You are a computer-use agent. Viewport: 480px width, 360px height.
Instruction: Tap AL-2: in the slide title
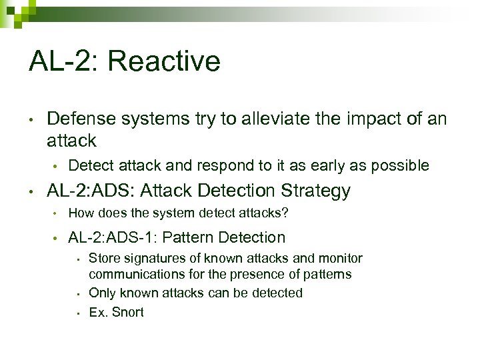click(x=63, y=62)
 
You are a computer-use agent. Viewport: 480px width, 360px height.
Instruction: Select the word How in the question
click(x=81, y=213)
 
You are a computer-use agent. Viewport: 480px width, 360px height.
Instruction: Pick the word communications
click(x=130, y=274)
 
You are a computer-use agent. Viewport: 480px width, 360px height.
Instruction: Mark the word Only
click(x=101, y=293)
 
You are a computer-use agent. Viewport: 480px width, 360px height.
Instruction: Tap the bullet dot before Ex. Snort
click(x=78, y=312)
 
